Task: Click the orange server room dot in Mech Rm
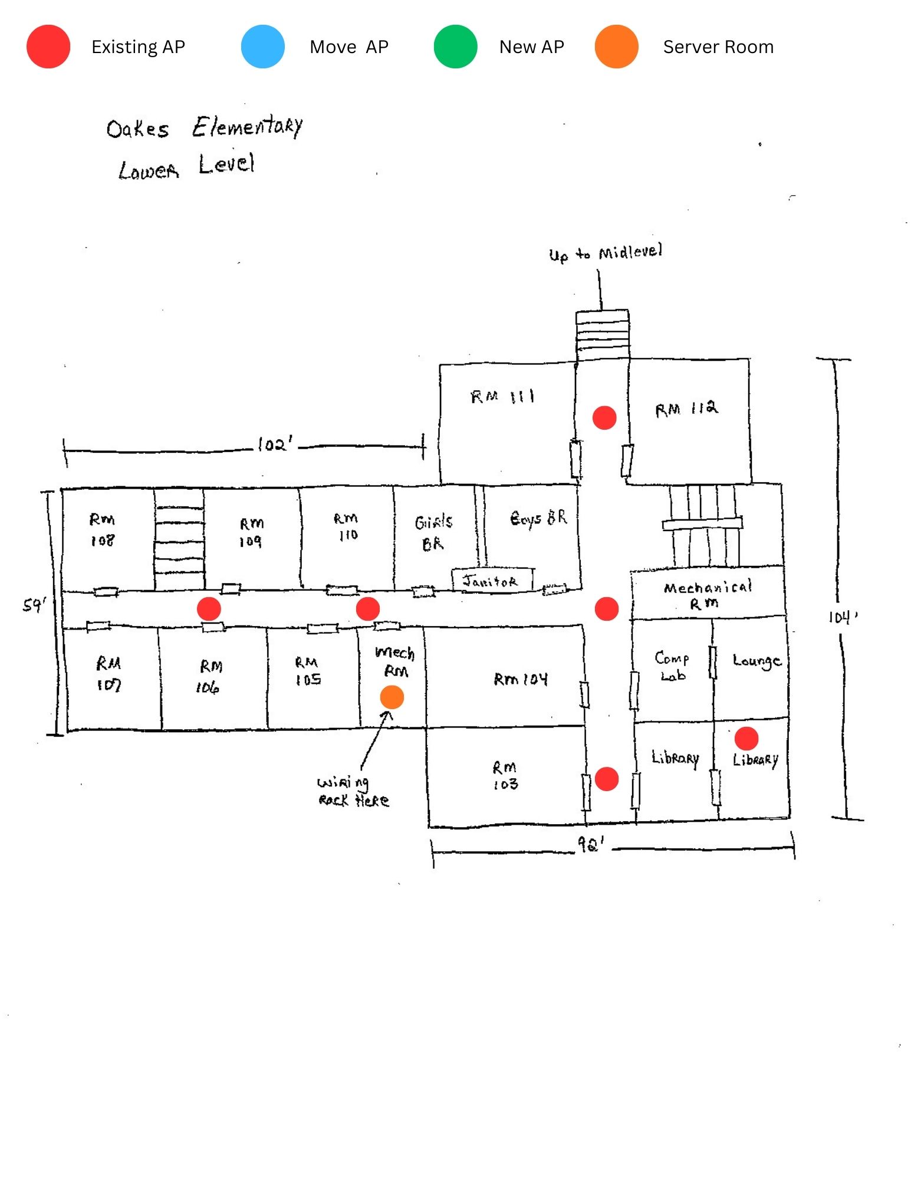(x=392, y=697)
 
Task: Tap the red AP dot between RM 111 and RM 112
(x=604, y=417)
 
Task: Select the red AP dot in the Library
(x=746, y=738)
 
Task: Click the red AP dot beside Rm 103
(x=607, y=779)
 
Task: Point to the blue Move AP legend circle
(x=263, y=47)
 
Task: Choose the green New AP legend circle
(x=455, y=47)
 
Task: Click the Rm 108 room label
(x=102, y=530)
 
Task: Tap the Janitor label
(x=490, y=581)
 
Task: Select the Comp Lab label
(x=672, y=666)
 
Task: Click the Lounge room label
(x=757, y=661)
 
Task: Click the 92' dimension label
(x=590, y=844)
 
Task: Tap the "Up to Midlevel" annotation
(x=606, y=253)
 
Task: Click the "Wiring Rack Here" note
(x=353, y=791)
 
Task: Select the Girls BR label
(x=433, y=532)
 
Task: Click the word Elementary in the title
(x=247, y=126)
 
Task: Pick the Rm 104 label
(x=521, y=679)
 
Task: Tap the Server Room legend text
(x=718, y=47)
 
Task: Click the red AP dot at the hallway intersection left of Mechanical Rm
(x=607, y=609)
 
